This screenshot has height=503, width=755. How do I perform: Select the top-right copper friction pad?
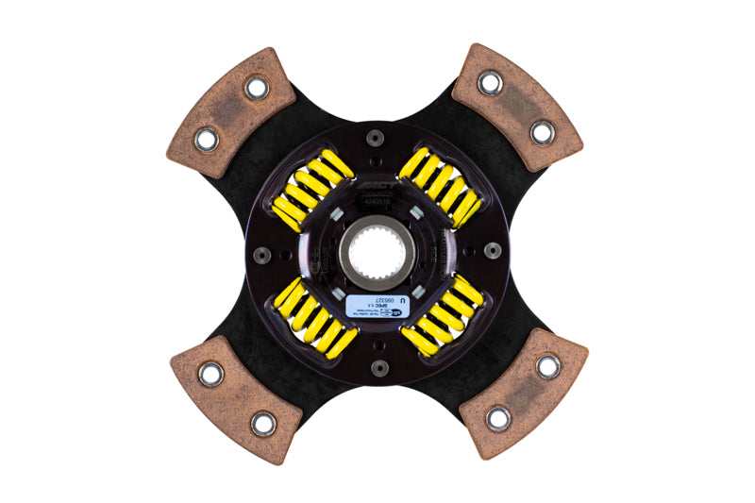518,106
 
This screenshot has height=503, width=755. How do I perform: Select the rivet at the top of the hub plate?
376,138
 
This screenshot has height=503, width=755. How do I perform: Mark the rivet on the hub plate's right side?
491,251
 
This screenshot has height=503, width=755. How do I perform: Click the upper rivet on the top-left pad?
256,88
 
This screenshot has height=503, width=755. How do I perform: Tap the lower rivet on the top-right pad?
543,131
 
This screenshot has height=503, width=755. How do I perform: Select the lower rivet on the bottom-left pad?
263,424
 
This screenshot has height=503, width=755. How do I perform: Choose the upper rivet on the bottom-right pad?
548,366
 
